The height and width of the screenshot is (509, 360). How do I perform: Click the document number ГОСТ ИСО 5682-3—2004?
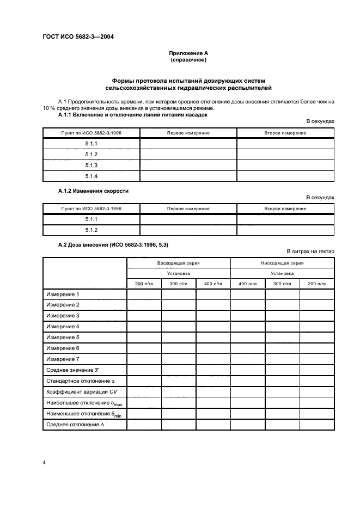click(x=79, y=37)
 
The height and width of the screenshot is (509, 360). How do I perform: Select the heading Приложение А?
click(x=188, y=53)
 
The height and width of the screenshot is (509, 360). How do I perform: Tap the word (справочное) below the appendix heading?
click(x=188, y=60)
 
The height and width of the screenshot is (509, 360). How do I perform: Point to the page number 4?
click(x=44, y=463)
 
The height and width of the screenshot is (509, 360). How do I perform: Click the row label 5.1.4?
click(x=91, y=176)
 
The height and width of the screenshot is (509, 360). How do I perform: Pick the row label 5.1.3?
click(x=91, y=165)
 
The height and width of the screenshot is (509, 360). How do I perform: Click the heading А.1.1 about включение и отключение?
click(x=132, y=115)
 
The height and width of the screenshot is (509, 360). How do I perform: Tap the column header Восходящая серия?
click(x=178, y=262)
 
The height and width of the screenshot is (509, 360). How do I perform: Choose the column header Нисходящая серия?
click(x=282, y=262)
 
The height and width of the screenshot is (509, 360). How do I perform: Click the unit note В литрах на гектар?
click(x=310, y=250)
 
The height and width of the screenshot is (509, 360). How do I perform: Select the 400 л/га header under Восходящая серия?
click(x=213, y=284)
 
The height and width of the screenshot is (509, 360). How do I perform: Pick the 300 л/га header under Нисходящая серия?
click(x=282, y=284)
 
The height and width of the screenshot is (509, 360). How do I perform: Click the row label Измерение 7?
click(x=63, y=359)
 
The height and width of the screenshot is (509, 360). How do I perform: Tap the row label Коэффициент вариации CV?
click(x=82, y=391)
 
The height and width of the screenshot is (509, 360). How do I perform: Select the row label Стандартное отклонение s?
click(x=81, y=381)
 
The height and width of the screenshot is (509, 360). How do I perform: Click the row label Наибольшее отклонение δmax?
click(x=83, y=403)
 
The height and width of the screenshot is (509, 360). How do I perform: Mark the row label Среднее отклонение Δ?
click(x=75, y=424)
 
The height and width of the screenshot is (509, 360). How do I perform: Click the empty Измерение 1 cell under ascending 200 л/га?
click(x=144, y=295)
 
